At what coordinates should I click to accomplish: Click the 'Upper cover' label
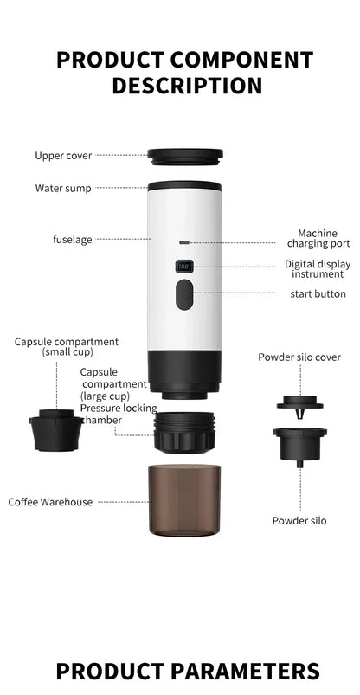pyautogui.click(x=63, y=156)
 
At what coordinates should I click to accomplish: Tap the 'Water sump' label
pyautogui.click(x=63, y=188)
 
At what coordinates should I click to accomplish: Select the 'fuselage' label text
pyautogui.click(x=72, y=239)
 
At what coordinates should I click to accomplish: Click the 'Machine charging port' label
pyautogui.click(x=317, y=238)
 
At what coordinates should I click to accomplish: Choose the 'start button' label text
pyautogui.click(x=318, y=294)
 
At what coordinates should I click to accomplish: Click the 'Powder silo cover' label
pyautogui.click(x=299, y=357)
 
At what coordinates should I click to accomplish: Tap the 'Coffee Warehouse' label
pyautogui.click(x=50, y=502)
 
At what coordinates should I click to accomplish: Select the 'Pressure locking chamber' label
pyautogui.click(x=118, y=414)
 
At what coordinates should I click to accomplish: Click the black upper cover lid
pyautogui.click(x=184, y=157)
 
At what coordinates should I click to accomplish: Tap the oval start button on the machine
pyautogui.click(x=184, y=295)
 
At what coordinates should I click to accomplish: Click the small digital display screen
pyautogui.click(x=184, y=267)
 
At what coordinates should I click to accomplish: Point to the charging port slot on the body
pyautogui.click(x=184, y=243)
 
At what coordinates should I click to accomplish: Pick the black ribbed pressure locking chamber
pyautogui.click(x=184, y=431)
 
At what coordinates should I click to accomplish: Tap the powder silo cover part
pyautogui.click(x=299, y=402)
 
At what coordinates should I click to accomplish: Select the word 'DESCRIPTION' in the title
pyautogui.click(x=186, y=86)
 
